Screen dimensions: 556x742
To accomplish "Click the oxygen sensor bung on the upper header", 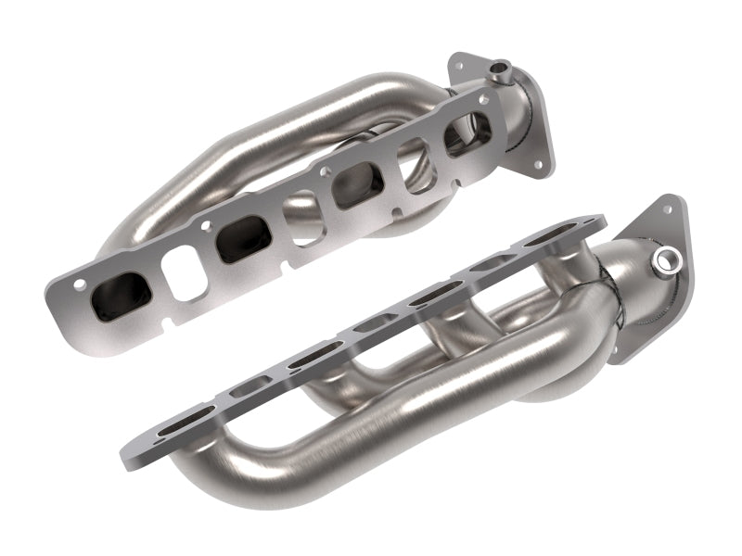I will tap(502, 68).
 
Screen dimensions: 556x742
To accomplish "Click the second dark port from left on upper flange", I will tap(244, 240).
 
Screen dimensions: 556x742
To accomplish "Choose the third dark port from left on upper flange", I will tap(359, 184).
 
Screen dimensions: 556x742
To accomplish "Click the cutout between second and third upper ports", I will tap(302, 216).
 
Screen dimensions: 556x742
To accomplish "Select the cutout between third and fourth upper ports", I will tap(415, 163).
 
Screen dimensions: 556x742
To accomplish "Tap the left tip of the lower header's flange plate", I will tap(124, 453).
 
